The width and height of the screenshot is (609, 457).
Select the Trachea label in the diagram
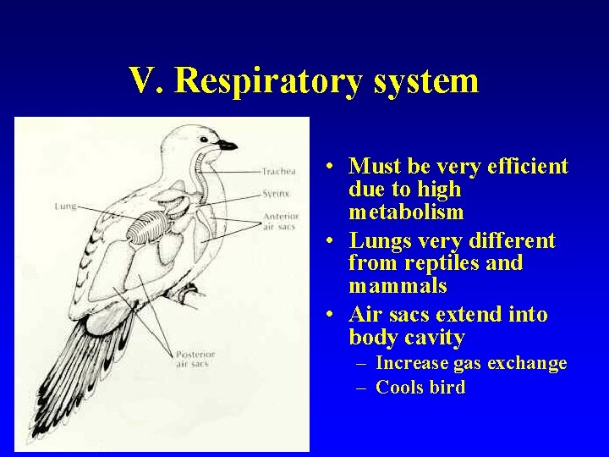[x=279, y=172]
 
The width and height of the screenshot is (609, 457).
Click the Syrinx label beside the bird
[x=276, y=194]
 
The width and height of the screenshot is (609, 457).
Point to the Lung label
[x=65, y=206]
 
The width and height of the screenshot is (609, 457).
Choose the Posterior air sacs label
[x=195, y=359]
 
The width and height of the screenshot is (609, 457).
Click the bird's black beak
[x=227, y=146]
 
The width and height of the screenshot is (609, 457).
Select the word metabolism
[x=406, y=212]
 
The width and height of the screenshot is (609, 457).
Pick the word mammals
[x=398, y=286]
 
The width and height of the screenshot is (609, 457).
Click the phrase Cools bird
[x=420, y=388]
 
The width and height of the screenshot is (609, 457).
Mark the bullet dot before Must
[x=336, y=166]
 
